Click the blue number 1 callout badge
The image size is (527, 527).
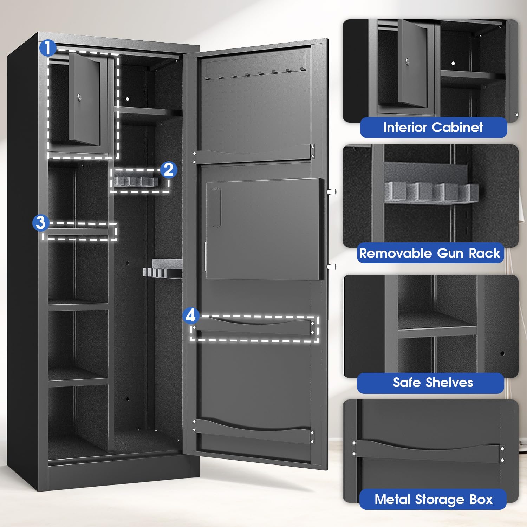(x=48, y=48)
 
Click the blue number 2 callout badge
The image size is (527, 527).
(x=169, y=170)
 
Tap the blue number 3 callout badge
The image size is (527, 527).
(x=41, y=223)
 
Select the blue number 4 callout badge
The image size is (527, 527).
(x=190, y=315)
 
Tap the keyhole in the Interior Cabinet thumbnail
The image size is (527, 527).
(x=407, y=62)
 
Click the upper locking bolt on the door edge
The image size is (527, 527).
(x=331, y=192)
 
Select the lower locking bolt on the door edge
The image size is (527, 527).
(x=331, y=267)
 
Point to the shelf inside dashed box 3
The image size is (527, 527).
(x=78, y=232)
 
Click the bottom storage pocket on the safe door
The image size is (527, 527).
(x=253, y=430)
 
